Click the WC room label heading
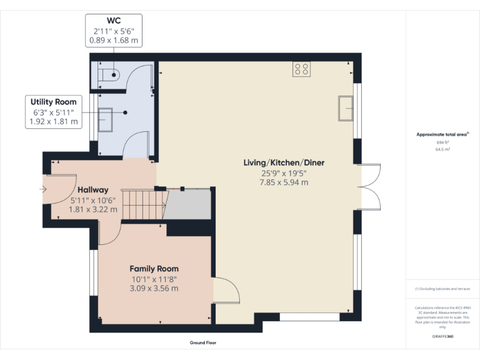coord(113,20)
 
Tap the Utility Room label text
coord(54,102)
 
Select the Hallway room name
coord(93,190)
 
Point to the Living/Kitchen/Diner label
coord(284,162)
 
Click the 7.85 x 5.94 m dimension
coord(284,182)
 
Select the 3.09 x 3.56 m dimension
coord(154,288)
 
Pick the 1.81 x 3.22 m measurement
coord(93,210)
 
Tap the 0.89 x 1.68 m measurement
coord(113,40)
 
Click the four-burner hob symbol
coord(301,69)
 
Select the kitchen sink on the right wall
coord(345,109)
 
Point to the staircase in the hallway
coord(144,205)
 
